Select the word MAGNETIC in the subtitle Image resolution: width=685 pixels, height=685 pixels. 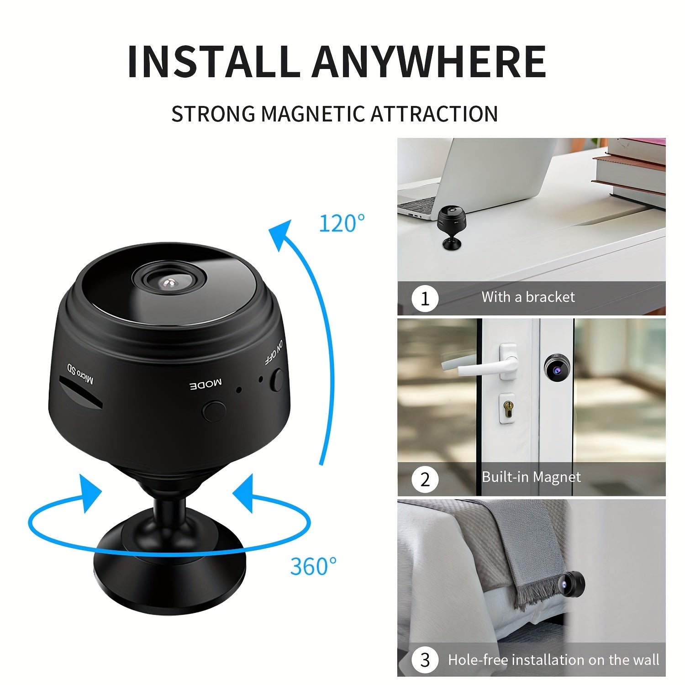tap(314, 114)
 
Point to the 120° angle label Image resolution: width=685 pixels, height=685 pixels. tap(342, 224)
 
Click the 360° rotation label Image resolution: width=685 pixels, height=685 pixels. tap(313, 567)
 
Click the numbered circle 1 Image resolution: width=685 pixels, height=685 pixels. tap(425, 299)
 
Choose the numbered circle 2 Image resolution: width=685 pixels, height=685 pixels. tap(425, 479)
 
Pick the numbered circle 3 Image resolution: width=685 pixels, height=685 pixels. tap(425, 660)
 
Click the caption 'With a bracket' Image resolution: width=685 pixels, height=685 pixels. tap(528, 297)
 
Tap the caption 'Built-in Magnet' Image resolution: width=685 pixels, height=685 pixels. tap(531, 477)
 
